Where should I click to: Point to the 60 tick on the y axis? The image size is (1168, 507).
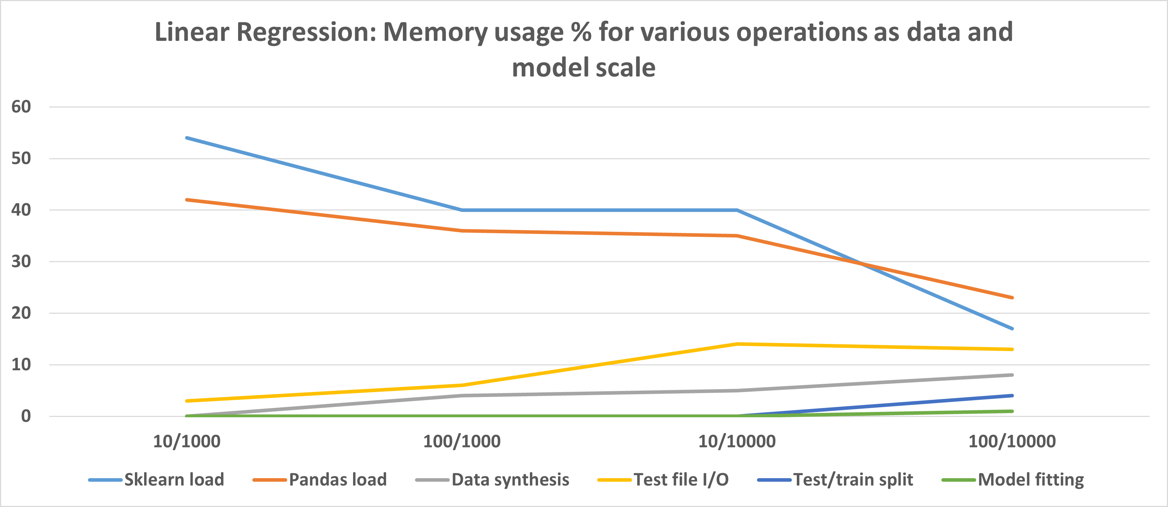(x=21, y=107)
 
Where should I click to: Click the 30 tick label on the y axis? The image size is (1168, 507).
(x=21, y=262)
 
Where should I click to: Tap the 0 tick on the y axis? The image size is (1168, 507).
(x=26, y=416)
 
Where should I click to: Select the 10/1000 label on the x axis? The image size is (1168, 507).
(x=187, y=441)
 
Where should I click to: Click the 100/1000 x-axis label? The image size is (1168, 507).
(x=462, y=441)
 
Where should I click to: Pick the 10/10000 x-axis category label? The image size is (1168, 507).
(x=737, y=441)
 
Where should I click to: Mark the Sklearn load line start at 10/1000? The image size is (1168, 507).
(x=187, y=137)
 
